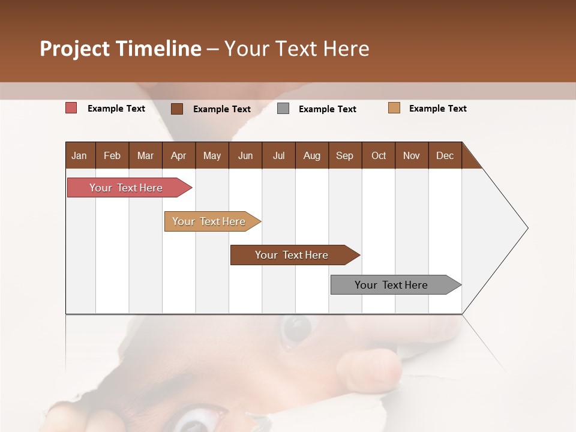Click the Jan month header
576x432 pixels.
(x=80, y=156)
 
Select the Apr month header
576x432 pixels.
(x=179, y=156)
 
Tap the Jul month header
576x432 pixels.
(x=278, y=156)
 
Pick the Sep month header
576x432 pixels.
(x=344, y=156)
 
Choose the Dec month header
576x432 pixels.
(x=445, y=156)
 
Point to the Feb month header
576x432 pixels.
(x=112, y=156)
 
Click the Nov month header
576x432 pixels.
(x=412, y=156)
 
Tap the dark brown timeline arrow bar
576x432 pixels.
(x=292, y=255)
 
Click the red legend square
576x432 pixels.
(x=71, y=108)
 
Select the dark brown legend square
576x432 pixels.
(x=177, y=109)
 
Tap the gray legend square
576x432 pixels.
(x=283, y=109)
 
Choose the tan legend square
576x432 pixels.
(x=394, y=108)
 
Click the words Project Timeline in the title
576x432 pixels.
(x=120, y=49)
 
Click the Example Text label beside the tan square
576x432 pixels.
(x=437, y=109)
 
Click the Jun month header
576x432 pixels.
(x=245, y=156)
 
